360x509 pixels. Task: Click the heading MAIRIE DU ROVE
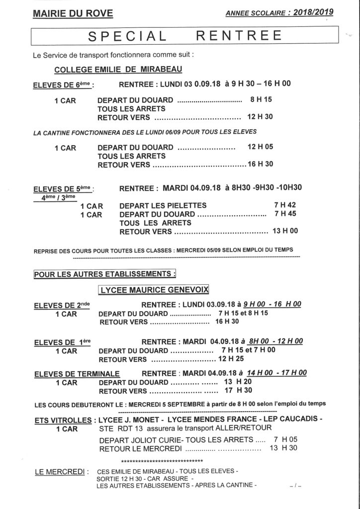pos(73,14)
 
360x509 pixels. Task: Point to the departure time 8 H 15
pos(261,99)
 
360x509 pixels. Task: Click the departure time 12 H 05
pos(260,147)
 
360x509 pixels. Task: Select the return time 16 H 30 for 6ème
pos(260,164)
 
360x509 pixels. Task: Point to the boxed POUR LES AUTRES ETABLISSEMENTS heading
pos(105,273)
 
